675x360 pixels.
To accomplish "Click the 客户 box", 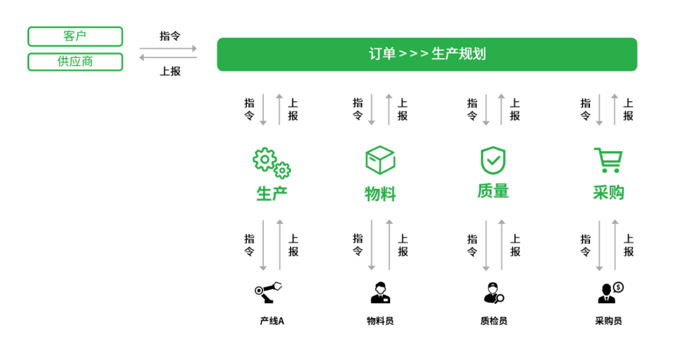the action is [75, 36].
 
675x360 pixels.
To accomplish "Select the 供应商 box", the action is [75, 61].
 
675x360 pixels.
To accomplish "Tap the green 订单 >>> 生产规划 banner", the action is [427, 54].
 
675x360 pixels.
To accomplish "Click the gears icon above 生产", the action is [271, 163].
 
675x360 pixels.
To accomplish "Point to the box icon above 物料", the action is [380, 160].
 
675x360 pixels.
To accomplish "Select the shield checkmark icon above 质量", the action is [493, 160].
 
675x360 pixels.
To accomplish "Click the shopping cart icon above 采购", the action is [609, 160].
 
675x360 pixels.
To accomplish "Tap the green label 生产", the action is [271, 194].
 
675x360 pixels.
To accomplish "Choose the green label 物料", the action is [380, 194].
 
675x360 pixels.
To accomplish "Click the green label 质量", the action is [493, 191].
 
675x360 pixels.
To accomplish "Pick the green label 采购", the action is [609, 193].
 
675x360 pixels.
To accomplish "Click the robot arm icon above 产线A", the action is [268, 292].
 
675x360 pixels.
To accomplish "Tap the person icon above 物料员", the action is [380, 292].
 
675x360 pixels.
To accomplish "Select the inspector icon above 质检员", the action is [494, 293].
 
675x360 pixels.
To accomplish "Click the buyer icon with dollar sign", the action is [611, 292].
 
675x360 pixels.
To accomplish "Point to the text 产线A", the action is [272, 321].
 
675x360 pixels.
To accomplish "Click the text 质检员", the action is [494, 321].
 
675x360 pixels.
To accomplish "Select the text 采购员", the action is [609, 321].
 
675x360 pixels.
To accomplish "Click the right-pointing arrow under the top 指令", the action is [168, 49].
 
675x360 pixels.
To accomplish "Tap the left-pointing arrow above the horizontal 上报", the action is [168, 57].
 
